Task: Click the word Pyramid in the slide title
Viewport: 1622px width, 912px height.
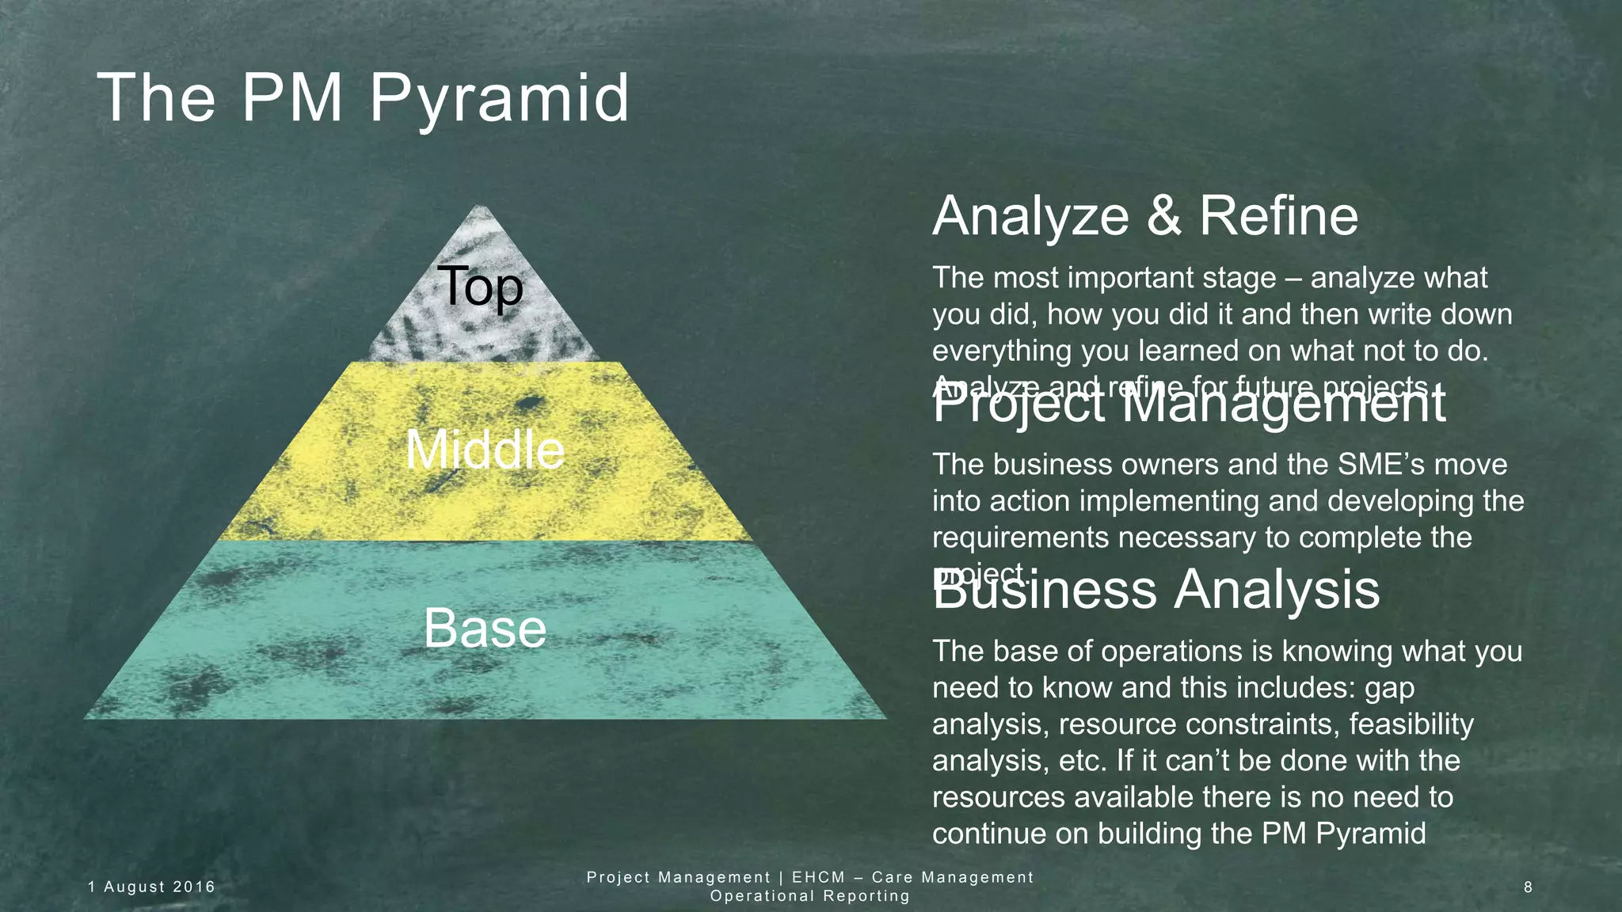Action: [x=499, y=100]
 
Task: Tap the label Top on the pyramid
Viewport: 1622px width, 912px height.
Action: [x=480, y=287]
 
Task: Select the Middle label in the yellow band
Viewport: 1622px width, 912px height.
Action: [x=485, y=450]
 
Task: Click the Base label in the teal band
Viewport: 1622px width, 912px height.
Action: [x=485, y=629]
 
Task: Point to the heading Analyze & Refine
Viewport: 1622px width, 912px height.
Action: [x=1144, y=216]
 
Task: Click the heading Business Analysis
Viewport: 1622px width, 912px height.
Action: [x=1156, y=591]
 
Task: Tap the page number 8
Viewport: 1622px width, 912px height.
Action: [x=1528, y=887]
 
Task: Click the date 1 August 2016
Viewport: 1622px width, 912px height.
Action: [x=151, y=887]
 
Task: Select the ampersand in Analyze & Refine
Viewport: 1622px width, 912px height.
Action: [x=1163, y=216]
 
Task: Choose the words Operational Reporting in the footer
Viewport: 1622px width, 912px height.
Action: [x=809, y=896]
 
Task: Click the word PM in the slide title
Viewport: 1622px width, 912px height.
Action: [x=291, y=100]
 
